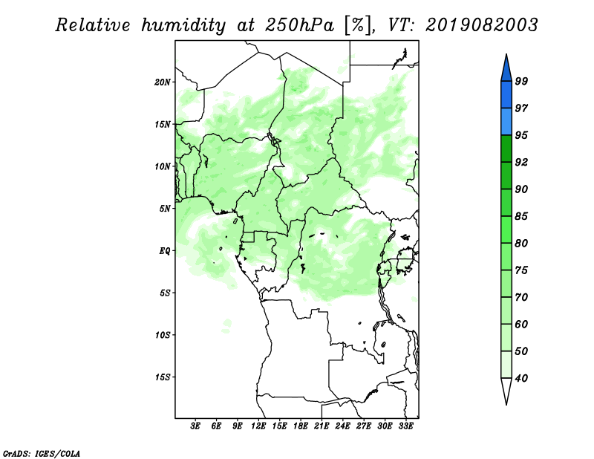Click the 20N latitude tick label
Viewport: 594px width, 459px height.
tap(163, 82)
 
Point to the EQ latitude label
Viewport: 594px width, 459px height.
tap(165, 251)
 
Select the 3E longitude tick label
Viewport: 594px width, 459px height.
tap(195, 426)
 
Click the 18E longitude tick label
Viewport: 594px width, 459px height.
tap(301, 426)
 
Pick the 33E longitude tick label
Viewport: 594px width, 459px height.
tap(405, 426)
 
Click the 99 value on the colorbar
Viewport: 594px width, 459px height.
tap(521, 81)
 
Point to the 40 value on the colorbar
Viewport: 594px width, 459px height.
tap(521, 378)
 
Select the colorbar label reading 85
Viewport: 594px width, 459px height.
tap(521, 216)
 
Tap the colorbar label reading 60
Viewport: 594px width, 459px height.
tap(521, 325)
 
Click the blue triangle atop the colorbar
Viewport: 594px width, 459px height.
tap(506, 68)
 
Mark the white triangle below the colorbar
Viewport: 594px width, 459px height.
tap(506, 391)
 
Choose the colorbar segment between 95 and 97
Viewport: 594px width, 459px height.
tap(506, 122)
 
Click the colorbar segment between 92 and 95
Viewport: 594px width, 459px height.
tap(506, 149)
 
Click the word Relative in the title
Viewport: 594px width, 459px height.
tap(92, 25)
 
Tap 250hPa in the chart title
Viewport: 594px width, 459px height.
tap(299, 25)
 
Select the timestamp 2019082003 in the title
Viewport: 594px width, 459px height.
tap(481, 25)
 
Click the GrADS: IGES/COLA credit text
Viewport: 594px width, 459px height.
tap(42, 454)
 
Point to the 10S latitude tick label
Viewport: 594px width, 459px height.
tap(163, 335)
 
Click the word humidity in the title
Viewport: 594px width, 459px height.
tap(183, 26)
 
